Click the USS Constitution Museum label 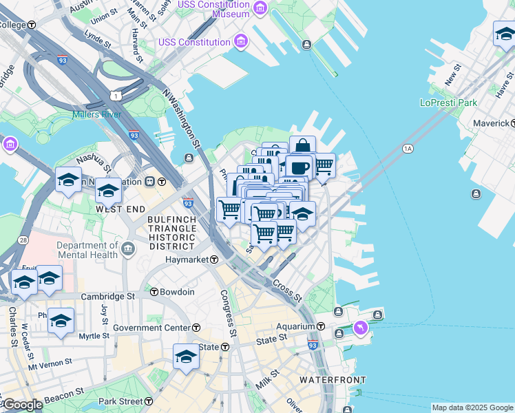click(x=213, y=10)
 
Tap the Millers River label click(x=96, y=114)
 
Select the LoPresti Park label click(x=448, y=103)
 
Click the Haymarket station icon click(x=214, y=260)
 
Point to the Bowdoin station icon click(x=154, y=292)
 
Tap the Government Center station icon click(x=196, y=328)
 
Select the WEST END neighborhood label click(x=120, y=209)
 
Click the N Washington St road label click(x=181, y=118)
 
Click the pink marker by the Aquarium click(x=359, y=328)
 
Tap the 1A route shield click(x=408, y=148)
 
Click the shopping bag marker click(x=302, y=147)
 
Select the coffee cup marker click(x=297, y=167)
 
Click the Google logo click(x=22, y=405)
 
